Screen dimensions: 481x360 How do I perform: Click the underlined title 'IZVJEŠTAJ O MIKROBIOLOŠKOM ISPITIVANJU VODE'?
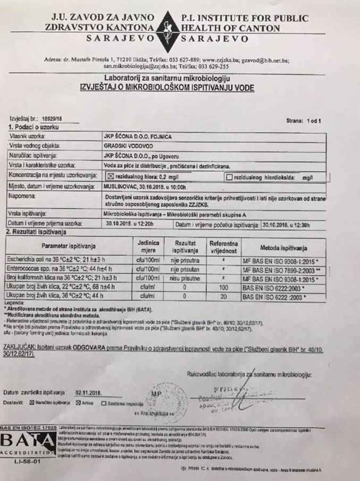pos(166,87)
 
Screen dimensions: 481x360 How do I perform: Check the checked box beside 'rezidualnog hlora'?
pos(111,176)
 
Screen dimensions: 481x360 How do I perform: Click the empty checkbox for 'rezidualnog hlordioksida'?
pos(229,176)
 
